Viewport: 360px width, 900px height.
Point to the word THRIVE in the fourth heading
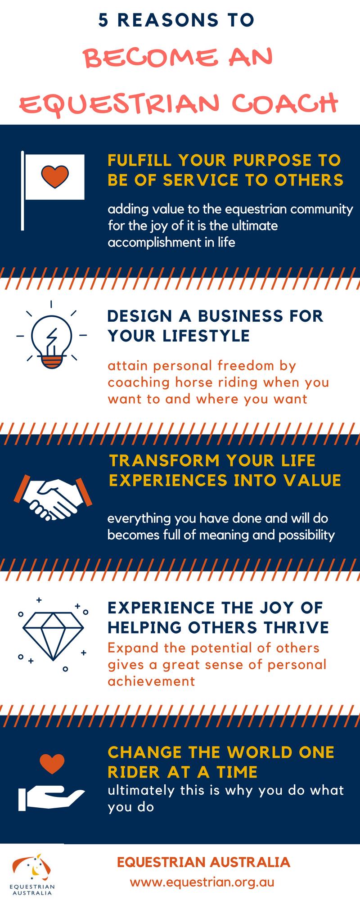click(x=302, y=627)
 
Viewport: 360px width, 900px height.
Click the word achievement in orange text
click(x=152, y=681)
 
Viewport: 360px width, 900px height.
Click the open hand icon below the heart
click(x=50, y=799)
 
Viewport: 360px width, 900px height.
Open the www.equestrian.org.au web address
click(x=202, y=882)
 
